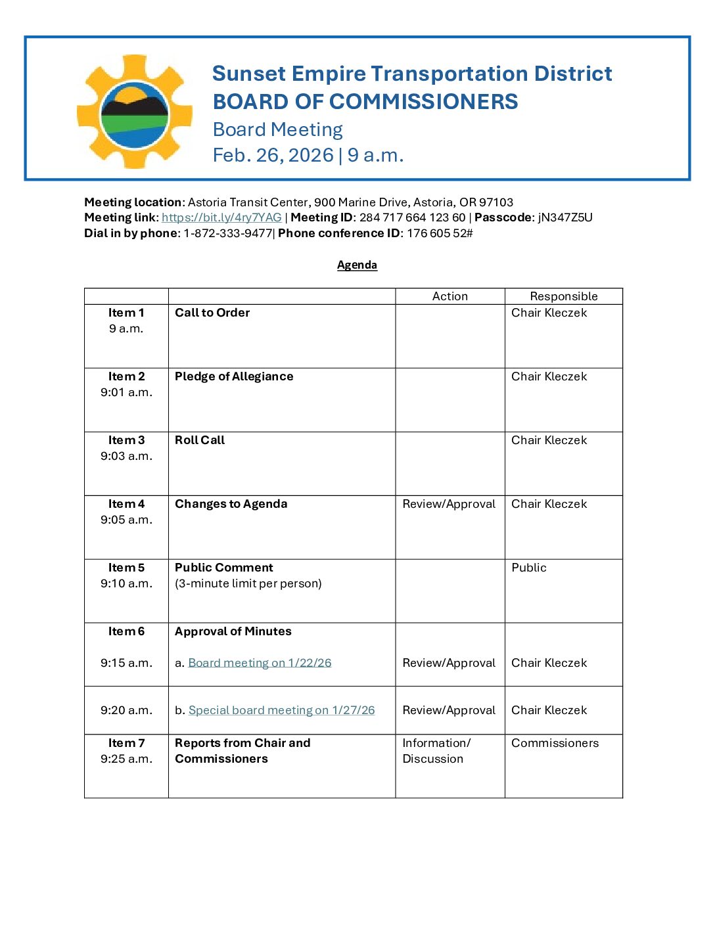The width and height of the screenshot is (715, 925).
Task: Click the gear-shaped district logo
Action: (135, 112)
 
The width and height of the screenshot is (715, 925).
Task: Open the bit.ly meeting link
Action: (221, 217)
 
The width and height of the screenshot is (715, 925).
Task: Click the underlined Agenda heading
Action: (357, 265)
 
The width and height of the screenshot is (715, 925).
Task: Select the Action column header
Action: (450, 296)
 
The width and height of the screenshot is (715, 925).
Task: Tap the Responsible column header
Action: (563, 296)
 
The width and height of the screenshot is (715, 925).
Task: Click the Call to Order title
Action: (212, 313)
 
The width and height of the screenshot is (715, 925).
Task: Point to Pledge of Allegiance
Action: (234, 376)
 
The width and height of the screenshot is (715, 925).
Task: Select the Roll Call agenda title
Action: (200, 440)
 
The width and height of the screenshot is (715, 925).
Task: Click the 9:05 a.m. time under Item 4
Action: (126, 520)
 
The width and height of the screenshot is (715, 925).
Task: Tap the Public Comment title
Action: (223, 568)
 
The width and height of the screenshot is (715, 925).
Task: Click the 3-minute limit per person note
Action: (248, 583)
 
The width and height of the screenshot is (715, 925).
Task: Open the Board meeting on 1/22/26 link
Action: (260, 663)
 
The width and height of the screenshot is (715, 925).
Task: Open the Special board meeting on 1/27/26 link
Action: (281, 710)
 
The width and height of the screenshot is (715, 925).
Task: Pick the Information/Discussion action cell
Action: (436, 751)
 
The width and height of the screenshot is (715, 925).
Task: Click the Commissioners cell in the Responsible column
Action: (555, 743)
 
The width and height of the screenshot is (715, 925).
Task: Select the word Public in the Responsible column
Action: (528, 568)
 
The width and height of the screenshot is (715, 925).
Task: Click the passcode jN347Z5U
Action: (565, 217)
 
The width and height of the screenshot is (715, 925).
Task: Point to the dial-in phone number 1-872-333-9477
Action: (227, 233)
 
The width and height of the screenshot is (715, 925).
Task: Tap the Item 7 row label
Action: (126, 743)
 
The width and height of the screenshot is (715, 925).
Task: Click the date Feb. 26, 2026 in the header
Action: (273, 155)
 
